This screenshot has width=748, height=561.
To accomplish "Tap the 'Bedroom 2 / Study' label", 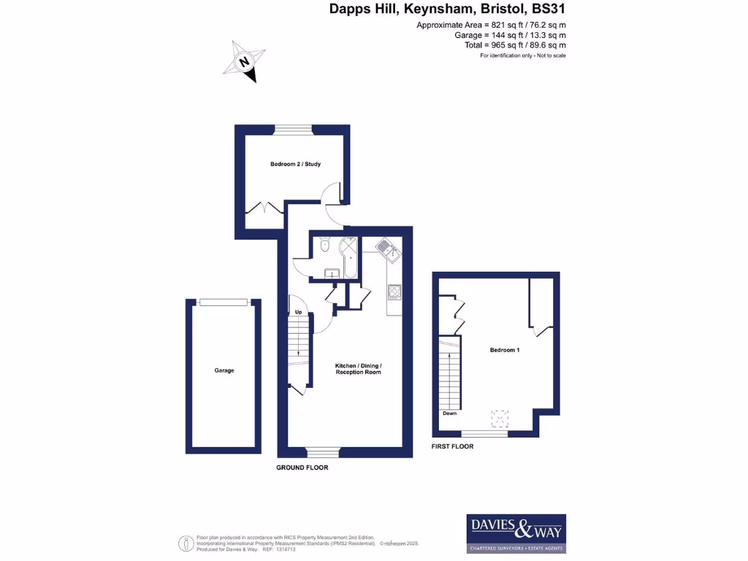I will (295, 164).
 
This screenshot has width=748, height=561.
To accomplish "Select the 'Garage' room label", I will (224, 370).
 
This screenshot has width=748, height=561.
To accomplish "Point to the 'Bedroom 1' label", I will (505, 351).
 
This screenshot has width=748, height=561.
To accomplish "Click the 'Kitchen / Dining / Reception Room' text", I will (358, 369).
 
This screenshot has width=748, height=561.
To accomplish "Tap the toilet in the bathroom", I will (325, 244).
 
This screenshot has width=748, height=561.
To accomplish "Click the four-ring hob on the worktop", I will (394, 292).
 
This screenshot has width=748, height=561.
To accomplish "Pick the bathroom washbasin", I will (332, 274).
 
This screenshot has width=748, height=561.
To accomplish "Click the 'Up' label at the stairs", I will (298, 313).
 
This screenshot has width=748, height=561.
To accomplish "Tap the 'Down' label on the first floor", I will (449, 413).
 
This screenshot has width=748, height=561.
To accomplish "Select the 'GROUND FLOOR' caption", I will (302, 467).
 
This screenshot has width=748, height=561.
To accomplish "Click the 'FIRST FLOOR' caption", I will (453, 446).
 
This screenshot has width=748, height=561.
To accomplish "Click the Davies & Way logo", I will (516, 533).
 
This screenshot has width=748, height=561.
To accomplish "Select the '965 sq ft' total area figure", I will (495, 45).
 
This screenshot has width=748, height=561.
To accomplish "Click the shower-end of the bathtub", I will (348, 248).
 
